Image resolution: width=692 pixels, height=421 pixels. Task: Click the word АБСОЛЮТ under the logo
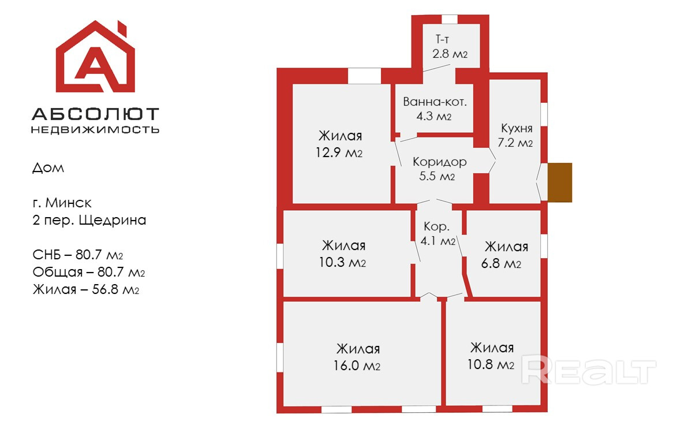(95, 114)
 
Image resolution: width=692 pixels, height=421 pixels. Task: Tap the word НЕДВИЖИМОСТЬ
(95, 129)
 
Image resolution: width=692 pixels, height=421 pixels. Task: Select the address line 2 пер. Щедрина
(89, 220)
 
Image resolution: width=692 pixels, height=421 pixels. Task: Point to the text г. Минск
(62, 203)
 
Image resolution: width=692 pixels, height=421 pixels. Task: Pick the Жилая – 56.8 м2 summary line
(86, 289)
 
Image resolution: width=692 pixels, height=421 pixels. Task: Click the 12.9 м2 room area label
(341, 153)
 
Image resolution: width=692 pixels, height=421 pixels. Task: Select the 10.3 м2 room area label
(343, 263)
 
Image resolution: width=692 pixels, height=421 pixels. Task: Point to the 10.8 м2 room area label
(492, 365)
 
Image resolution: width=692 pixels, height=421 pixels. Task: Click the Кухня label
(516, 129)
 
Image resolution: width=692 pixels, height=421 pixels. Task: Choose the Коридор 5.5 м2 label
(439, 169)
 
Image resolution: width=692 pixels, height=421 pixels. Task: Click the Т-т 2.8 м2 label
(450, 47)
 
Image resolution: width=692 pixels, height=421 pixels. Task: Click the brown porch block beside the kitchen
(559, 182)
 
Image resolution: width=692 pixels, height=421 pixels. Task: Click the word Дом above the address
(48, 169)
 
